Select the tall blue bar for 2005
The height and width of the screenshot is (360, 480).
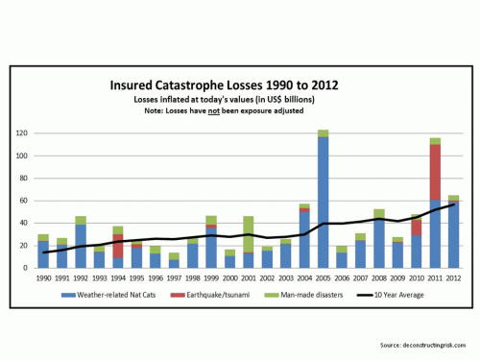pos(324,202)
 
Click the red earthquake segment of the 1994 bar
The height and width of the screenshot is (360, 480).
pos(117,246)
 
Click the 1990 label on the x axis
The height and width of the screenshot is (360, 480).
pos(42,278)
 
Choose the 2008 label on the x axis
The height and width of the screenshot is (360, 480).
pos(379,278)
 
